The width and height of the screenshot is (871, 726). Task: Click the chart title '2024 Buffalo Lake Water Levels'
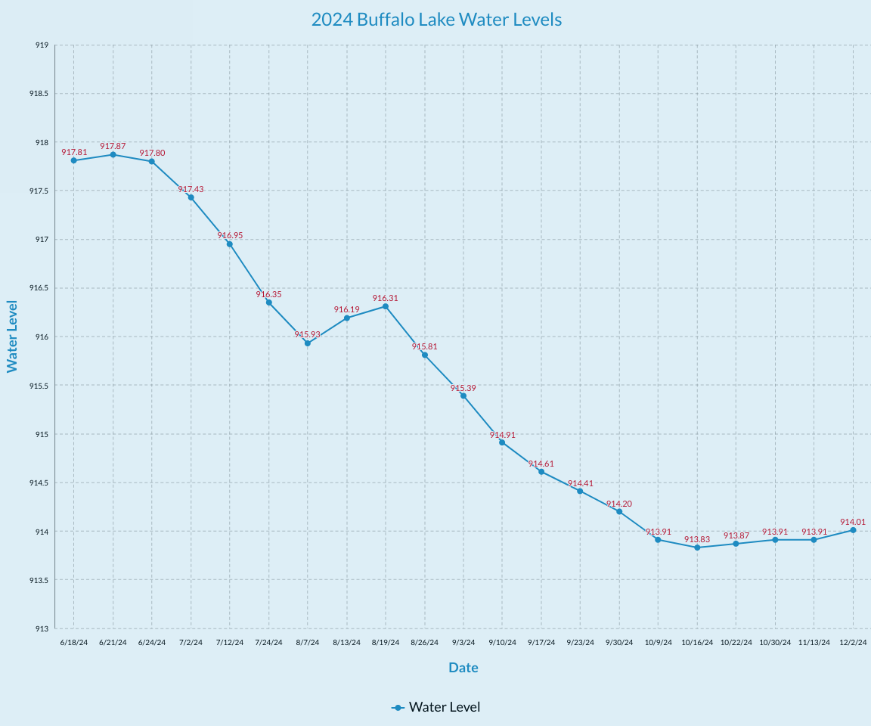point(436,20)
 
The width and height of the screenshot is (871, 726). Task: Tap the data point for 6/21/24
point(113,154)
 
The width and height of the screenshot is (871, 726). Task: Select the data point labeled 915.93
point(308,343)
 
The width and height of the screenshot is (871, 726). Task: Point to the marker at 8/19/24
point(386,306)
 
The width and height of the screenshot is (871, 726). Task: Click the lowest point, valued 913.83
point(697,548)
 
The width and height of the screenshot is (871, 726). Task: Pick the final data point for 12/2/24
point(853,530)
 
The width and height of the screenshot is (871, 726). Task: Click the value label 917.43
point(191,189)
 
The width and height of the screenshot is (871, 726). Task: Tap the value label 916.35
point(268,294)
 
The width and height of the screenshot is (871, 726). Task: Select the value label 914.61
point(541,464)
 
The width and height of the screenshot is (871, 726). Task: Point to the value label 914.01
point(853,522)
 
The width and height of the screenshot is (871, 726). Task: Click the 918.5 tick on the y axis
point(39,94)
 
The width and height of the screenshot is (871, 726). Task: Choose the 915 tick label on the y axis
point(42,435)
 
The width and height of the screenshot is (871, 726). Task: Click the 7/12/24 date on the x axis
point(230,643)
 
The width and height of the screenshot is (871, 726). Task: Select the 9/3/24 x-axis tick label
point(463,643)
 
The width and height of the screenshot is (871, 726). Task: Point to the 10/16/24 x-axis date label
point(697,643)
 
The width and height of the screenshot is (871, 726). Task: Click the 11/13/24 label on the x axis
point(814,643)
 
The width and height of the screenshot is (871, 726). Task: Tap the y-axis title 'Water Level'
point(12,337)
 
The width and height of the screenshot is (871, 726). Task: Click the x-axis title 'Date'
point(463,668)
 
